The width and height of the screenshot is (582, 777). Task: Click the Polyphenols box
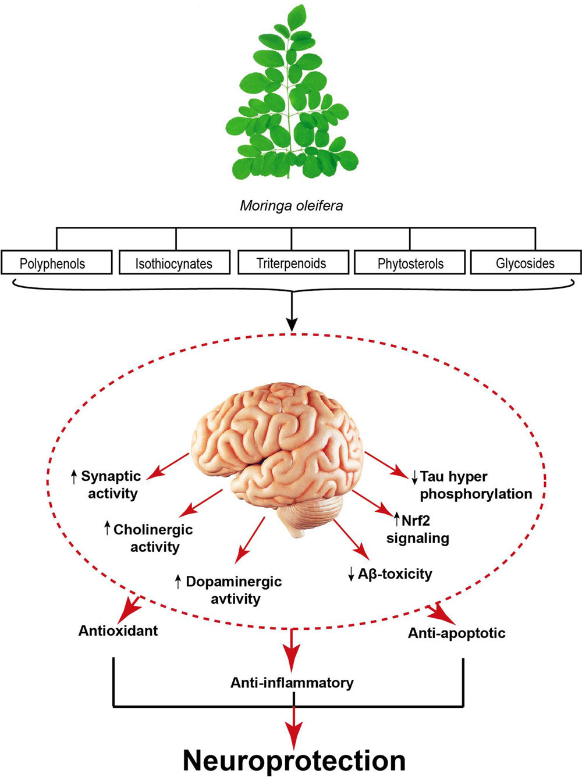tap(56, 263)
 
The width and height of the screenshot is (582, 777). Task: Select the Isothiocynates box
tap(174, 263)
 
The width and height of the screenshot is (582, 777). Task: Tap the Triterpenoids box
tap(292, 263)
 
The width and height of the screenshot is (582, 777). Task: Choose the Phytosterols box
tap(410, 263)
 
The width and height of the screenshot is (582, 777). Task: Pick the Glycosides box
tap(525, 263)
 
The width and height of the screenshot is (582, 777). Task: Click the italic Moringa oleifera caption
tap(291, 206)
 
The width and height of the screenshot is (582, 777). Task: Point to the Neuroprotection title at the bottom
tap(294, 760)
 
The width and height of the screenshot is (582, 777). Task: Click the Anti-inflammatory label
tap(292, 682)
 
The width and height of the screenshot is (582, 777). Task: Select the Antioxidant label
tap(118, 630)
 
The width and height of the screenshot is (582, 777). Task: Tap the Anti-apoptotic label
tap(456, 633)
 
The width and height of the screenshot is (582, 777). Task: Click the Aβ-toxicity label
tap(393, 574)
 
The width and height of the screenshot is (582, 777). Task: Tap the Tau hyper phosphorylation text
tap(474, 485)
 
